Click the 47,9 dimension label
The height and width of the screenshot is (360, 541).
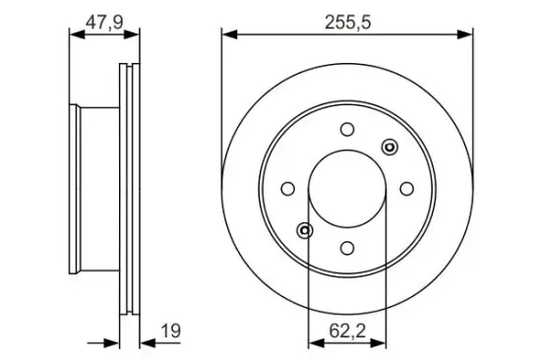coord(104,23)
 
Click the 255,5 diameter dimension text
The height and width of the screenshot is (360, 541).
coord(348,23)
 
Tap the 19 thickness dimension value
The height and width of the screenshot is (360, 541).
coord(171,331)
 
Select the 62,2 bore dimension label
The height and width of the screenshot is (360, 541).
coord(347,331)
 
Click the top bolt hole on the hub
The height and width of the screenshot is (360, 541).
coord(347,129)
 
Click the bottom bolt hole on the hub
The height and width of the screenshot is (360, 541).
coord(347,248)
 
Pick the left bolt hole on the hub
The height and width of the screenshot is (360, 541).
coord(288,189)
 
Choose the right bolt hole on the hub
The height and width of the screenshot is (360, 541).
coord(407,189)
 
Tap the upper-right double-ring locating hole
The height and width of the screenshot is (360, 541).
coord(390,147)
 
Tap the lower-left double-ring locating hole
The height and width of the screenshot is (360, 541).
coord(305,230)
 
